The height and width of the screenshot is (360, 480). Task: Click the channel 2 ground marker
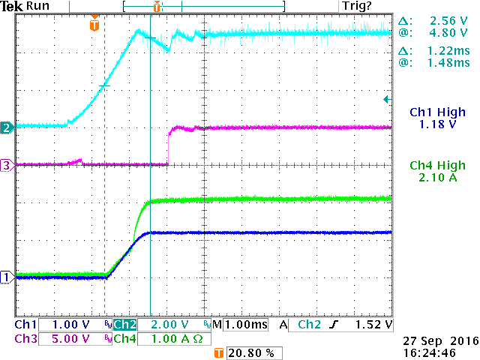(5, 127)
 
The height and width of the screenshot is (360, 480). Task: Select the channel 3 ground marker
(5, 166)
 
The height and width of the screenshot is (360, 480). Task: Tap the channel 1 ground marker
(5, 277)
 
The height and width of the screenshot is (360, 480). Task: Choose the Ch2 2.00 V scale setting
(157, 325)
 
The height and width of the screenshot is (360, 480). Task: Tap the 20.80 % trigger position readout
(245, 352)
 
